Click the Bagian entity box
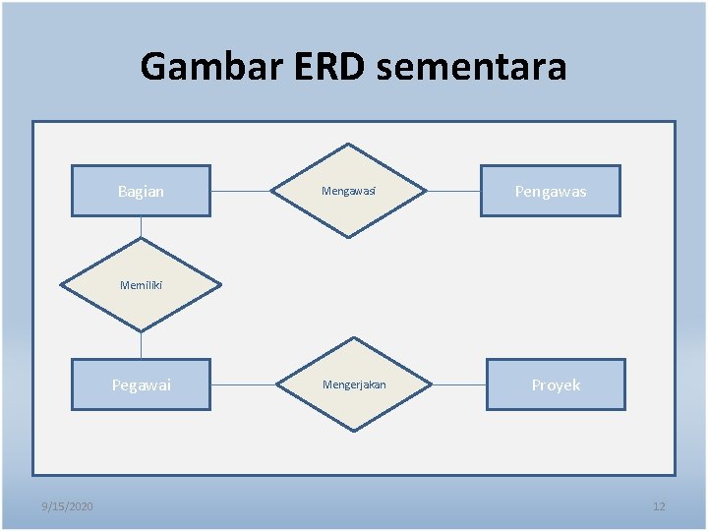(141, 191)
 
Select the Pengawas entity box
(550, 191)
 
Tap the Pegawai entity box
(141, 384)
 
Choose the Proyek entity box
(556, 384)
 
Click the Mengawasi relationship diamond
(348, 191)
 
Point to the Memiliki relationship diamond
(141, 286)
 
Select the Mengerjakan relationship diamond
(354, 384)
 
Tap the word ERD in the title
(329, 67)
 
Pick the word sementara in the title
(471, 67)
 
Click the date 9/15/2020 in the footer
(68, 506)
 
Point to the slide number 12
(659, 506)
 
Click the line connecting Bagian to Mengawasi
(240, 191)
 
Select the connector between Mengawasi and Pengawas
(452, 191)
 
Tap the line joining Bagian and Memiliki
(141, 226)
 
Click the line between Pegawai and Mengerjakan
(243, 384)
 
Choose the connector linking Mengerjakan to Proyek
(459, 384)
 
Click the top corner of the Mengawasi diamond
(348, 146)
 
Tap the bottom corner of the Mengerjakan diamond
(354, 430)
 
